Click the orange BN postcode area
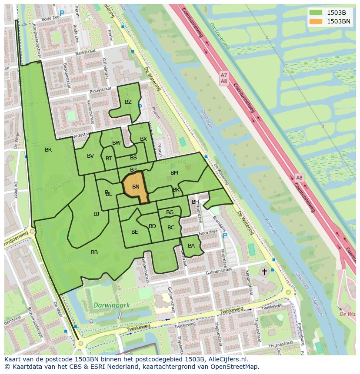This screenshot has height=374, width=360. (135, 187)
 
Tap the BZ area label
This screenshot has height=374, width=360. (128, 103)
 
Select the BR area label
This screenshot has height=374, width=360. (48, 150)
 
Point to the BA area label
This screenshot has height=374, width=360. (191, 246)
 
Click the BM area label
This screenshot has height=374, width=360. (174, 173)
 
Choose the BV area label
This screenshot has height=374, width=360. (90, 156)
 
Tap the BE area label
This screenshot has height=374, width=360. (134, 232)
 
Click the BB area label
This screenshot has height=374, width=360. (94, 252)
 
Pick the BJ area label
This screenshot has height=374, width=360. (96, 214)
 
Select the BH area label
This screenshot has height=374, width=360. (195, 202)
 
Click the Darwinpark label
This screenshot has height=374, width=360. (112, 305)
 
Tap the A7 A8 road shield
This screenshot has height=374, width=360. (224, 78)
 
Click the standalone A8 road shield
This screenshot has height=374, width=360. (299, 178)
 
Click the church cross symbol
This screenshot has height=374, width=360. (264, 271)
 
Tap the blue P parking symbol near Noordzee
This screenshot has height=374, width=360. (225, 236)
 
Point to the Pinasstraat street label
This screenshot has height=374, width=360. (100, 90)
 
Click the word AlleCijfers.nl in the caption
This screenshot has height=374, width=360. (226, 360)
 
